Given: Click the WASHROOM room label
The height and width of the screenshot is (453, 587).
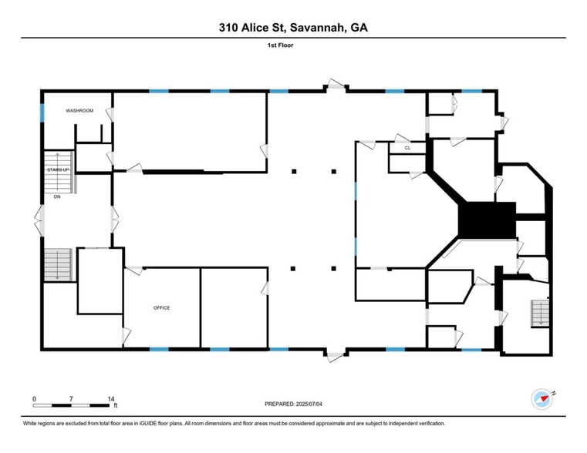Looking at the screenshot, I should [79, 111].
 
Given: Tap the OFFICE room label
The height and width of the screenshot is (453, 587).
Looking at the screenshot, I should [161, 308].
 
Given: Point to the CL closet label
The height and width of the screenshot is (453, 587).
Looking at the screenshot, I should [407, 146].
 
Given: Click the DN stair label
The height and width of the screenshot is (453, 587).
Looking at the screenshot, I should [56, 197].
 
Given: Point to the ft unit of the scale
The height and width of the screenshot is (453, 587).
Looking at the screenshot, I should [116, 405].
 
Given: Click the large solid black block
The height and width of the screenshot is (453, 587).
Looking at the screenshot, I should [486, 220].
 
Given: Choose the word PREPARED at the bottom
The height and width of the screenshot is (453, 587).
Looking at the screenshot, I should [278, 403].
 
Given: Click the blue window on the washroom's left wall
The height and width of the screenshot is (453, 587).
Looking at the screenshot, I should [42, 112].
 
